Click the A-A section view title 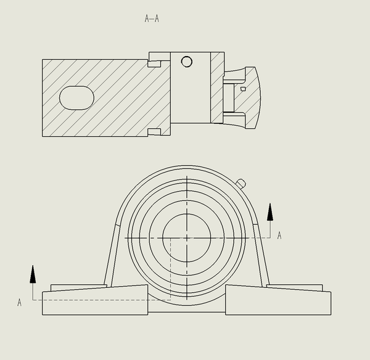[152, 18]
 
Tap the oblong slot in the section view [76, 98]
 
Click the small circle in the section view [187, 62]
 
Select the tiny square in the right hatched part [243, 89]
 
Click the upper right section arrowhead [270, 212]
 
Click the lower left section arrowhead [33, 274]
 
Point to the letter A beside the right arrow [279, 235]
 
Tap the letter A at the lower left [19, 303]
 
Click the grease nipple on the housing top [241, 184]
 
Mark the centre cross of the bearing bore [187, 238]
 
